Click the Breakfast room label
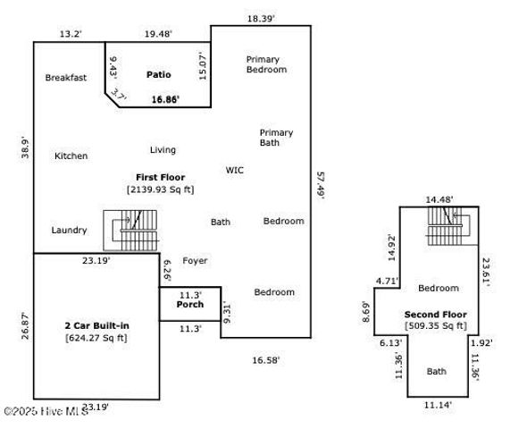(x=66, y=78)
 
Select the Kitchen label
(x=71, y=156)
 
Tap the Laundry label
(x=69, y=230)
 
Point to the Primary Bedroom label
(x=266, y=64)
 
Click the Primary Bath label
(x=276, y=138)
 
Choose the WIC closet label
(x=235, y=170)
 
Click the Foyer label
(x=195, y=261)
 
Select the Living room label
(x=163, y=150)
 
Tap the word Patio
(x=158, y=74)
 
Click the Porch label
(x=189, y=305)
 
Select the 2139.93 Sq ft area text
(x=160, y=189)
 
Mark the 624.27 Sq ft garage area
(x=96, y=337)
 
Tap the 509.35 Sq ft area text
(x=435, y=326)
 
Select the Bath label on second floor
(x=437, y=371)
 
